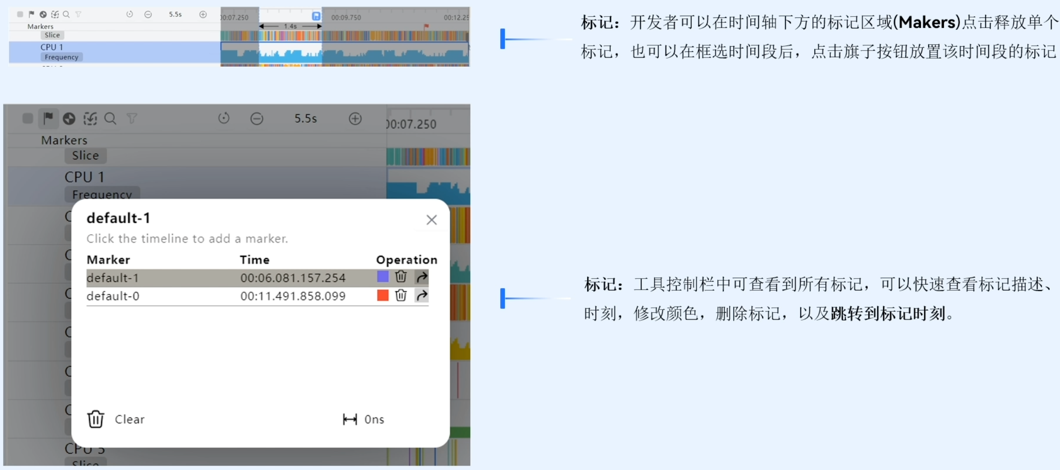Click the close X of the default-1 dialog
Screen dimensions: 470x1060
coord(431,220)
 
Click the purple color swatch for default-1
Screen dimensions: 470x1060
coord(382,277)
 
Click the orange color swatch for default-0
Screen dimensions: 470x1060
coord(382,296)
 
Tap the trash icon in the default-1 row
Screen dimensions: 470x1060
coord(401,277)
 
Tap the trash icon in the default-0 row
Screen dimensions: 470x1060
coord(401,296)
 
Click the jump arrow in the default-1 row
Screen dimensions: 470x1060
coord(421,277)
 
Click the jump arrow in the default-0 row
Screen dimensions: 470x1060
coord(421,296)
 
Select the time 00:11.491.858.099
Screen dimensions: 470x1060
coord(293,296)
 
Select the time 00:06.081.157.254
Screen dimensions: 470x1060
coord(293,278)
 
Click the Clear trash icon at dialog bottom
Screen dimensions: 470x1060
coord(96,419)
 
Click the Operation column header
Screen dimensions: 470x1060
coord(406,260)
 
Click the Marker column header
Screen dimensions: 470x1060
coord(108,260)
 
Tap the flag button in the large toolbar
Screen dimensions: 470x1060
coord(48,118)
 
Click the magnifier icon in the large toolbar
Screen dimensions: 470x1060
coord(110,119)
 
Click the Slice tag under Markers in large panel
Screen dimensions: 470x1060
coord(85,156)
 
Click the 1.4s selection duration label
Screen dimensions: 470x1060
coord(290,27)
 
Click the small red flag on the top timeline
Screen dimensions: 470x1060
coord(427,27)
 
